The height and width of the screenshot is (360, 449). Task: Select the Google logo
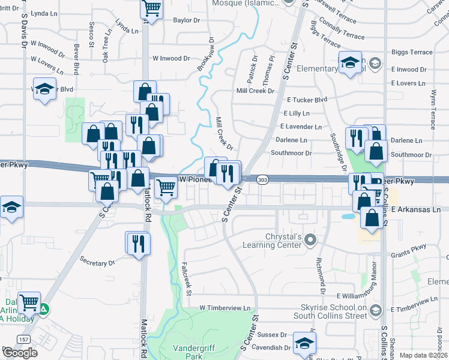click(20, 353)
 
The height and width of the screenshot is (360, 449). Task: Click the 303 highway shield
click(262, 180)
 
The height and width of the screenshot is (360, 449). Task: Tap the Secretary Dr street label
click(97, 263)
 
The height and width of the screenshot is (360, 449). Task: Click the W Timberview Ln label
click(225, 308)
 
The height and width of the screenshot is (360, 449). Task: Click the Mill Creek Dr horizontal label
click(255, 91)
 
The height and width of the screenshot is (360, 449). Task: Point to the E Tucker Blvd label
click(307, 100)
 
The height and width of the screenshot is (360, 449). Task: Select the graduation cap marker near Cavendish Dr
click(304, 343)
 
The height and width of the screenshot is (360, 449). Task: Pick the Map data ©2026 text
click(423, 355)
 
